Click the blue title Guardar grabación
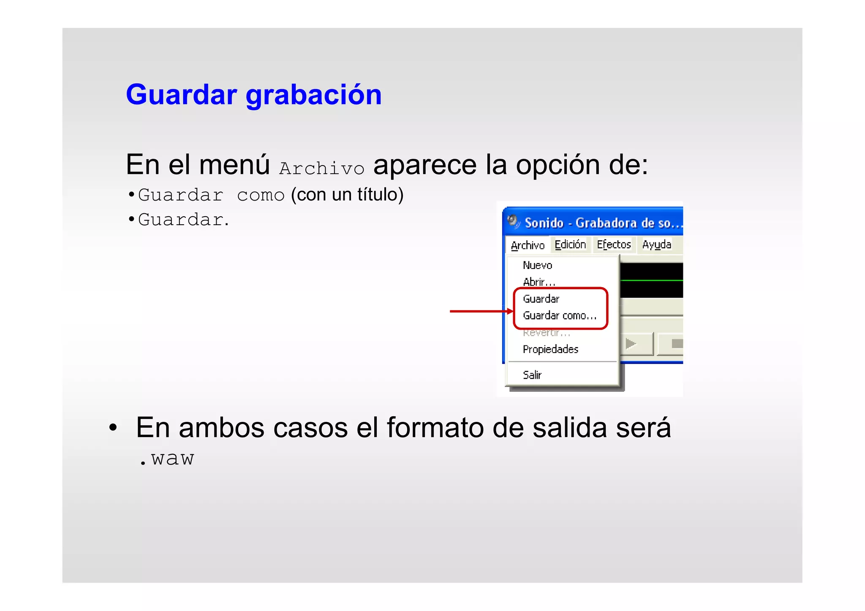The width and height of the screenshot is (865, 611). click(253, 95)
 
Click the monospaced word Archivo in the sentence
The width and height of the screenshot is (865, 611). click(321, 168)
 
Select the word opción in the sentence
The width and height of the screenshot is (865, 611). click(558, 165)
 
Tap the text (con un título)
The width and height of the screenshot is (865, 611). click(347, 195)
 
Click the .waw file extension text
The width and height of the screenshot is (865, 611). click(167, 459)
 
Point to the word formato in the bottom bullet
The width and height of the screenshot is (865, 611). click(435, 427)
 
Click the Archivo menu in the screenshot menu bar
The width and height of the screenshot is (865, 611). click(527, 245)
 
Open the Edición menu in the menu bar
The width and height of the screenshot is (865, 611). click(570, 244)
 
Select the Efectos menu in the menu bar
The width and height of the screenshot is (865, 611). click(613, 244)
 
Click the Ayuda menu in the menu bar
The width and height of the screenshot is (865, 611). click(656, 244)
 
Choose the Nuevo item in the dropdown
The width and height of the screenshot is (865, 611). click(537, 265)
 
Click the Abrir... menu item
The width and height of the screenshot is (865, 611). click(539, 282)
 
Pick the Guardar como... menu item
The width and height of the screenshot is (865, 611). click(559, 315)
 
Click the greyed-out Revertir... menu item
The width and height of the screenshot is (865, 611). click(546, 333)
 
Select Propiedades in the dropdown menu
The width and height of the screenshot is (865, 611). click(550, 349)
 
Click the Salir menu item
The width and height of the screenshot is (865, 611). click(532, 375)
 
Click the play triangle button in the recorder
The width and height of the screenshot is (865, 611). click(631, 344)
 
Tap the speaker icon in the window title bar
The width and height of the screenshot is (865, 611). click(513, 222)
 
